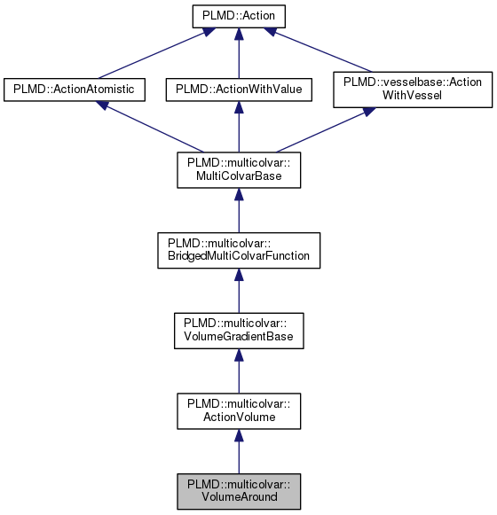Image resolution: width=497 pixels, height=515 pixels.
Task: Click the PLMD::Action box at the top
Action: pos(238,16)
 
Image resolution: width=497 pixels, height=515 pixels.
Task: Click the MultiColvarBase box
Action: pos(238,170)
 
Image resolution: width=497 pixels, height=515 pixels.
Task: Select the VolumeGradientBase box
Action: pos(238,330)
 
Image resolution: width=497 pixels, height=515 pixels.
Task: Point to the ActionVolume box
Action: pos(238,410)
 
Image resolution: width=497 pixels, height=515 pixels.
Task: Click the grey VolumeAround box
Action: pos(238,490)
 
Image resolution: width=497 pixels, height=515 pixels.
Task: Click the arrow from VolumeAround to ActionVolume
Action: pos(238,452)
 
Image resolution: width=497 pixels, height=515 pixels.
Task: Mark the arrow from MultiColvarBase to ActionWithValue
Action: pos(238,129)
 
